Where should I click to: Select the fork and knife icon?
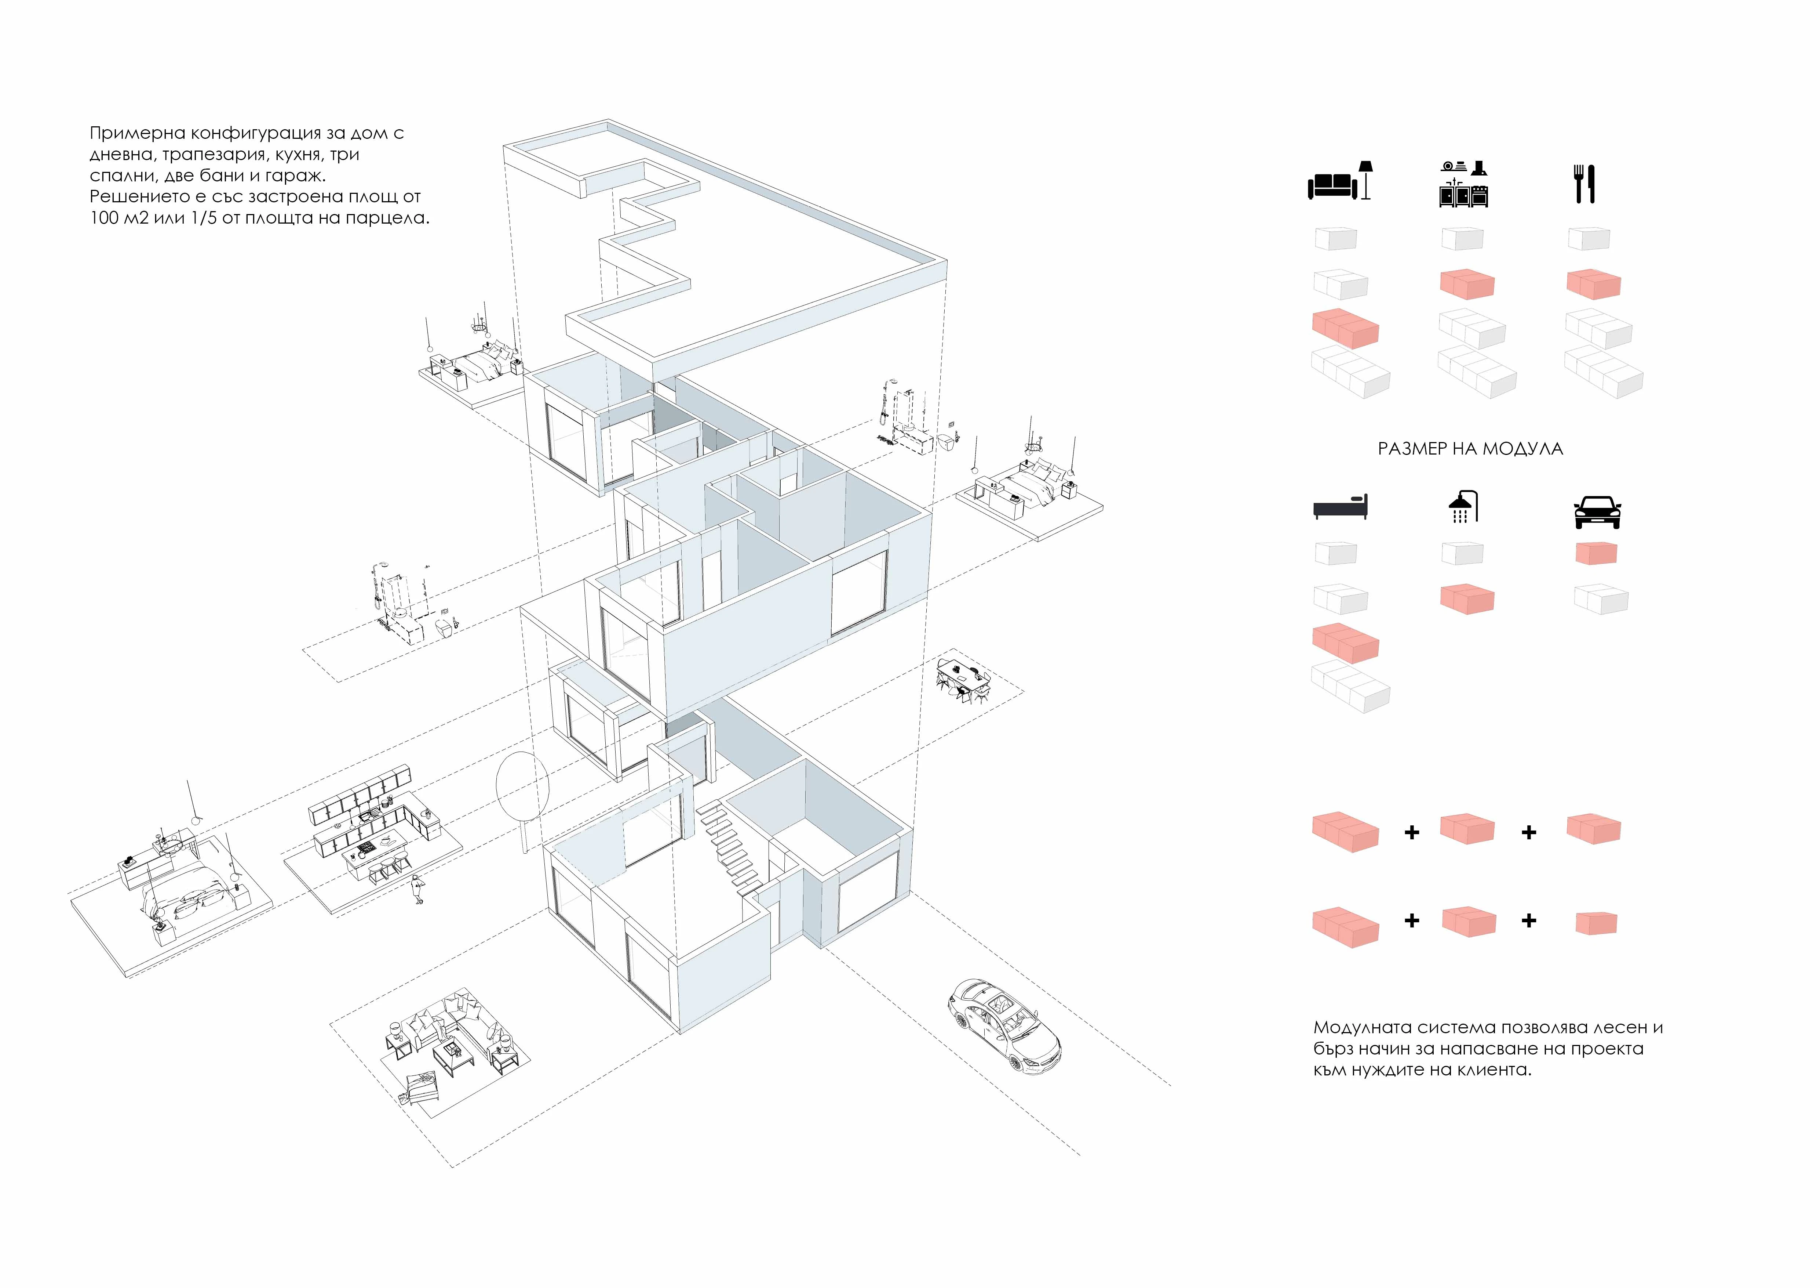[1584, 184]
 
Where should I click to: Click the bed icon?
[1341, 507]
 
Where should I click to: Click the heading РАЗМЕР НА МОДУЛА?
[1470, 449]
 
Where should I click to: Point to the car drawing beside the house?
[1003, 1025]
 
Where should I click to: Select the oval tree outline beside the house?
[522, 785]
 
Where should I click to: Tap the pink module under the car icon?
[1596, 553]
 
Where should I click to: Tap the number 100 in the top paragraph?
[104, 218]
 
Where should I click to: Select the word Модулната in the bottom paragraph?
[1362, 1028]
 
